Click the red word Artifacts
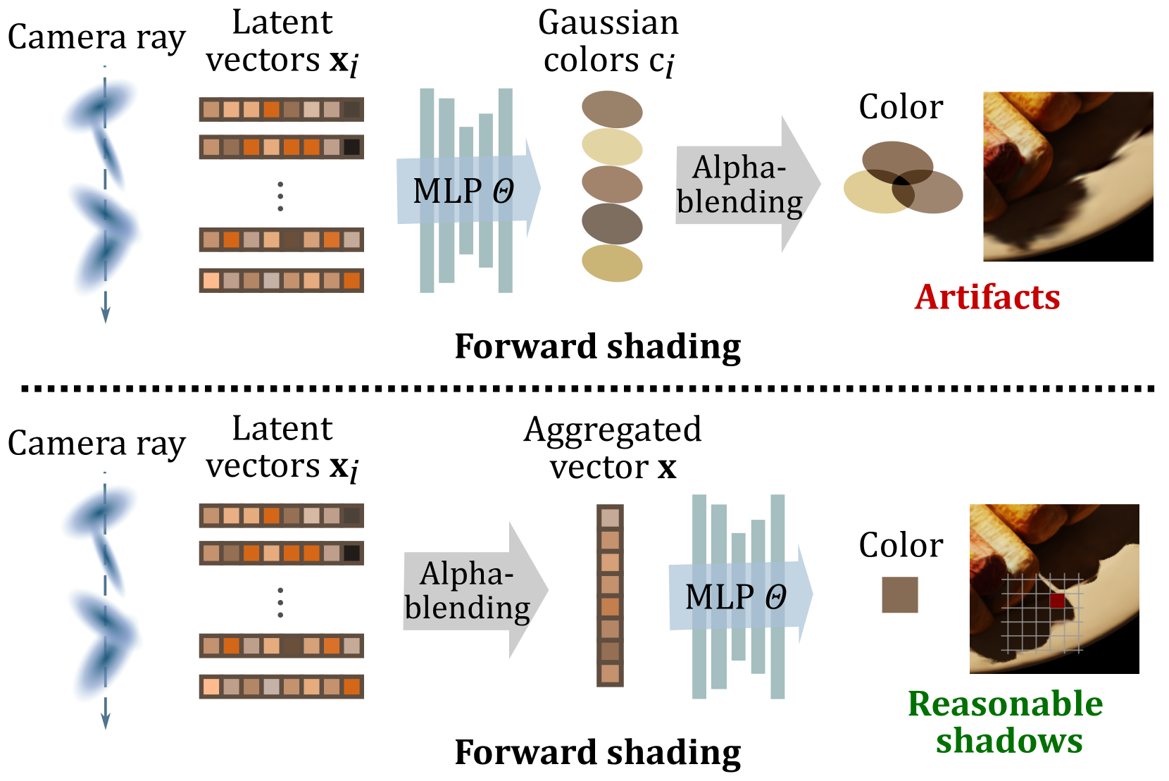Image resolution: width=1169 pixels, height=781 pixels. pos(987,297)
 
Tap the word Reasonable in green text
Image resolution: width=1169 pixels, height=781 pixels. pos(1005,704)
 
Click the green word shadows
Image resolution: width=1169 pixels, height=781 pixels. pos(1009,741)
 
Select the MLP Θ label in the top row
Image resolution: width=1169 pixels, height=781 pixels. pos(463,191)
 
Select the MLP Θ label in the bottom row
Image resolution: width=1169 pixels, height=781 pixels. pos(735,596)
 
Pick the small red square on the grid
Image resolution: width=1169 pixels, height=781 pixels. pos(1057,601)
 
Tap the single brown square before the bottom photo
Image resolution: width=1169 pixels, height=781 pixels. pos(900,595)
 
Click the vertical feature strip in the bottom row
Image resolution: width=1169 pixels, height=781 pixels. pos(610,595)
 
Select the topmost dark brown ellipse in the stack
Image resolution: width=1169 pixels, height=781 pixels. pos(612,109)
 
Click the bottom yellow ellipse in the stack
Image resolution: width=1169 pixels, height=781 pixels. pos(612,263)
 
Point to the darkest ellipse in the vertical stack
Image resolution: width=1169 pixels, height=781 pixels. pos(612,224)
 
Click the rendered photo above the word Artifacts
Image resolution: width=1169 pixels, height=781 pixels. pos(1068,176)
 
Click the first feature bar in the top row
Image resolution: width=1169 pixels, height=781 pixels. pos(281,109)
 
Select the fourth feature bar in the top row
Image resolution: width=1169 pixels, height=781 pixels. pos(281,280)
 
